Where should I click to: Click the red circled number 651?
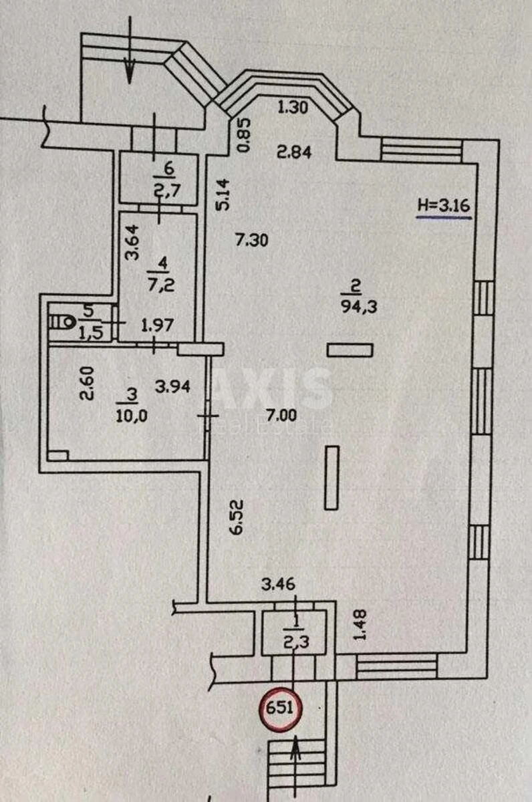tap(281, 707)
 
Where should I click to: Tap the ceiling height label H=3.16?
tap(444, 207)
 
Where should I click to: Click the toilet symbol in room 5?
tap(65, 322)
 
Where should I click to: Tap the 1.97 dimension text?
tap(157, 325)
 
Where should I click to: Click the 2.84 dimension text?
tap(294, 152)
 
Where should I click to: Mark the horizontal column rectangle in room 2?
tap(350, 349)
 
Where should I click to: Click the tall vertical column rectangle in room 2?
tap(331, 478)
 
